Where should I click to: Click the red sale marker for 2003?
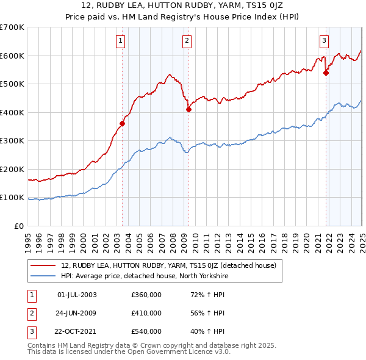[x=123, y=123]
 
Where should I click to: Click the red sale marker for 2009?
[x=188, y=110]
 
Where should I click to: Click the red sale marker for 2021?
[x=326, y=73]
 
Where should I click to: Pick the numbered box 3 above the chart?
[x=324, y=41]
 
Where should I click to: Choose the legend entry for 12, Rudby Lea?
[x=168, y=265]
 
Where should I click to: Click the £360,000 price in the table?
[x=146, y=295]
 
